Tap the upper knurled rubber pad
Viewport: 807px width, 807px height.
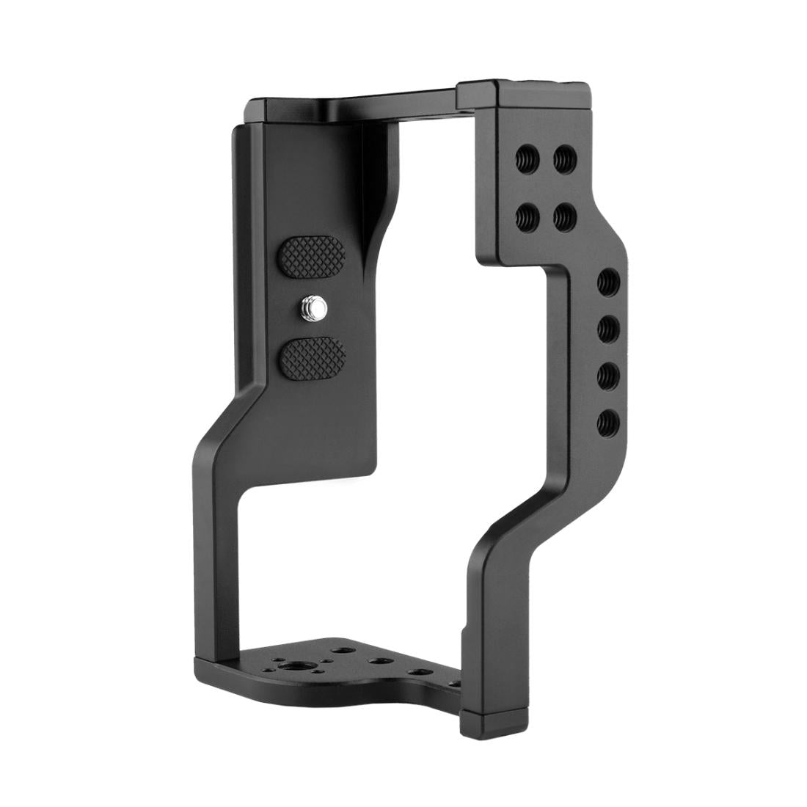tap(311, 258)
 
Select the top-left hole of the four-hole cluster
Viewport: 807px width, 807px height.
tap(527, 156)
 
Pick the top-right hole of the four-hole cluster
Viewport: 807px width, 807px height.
tap(564, 158)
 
